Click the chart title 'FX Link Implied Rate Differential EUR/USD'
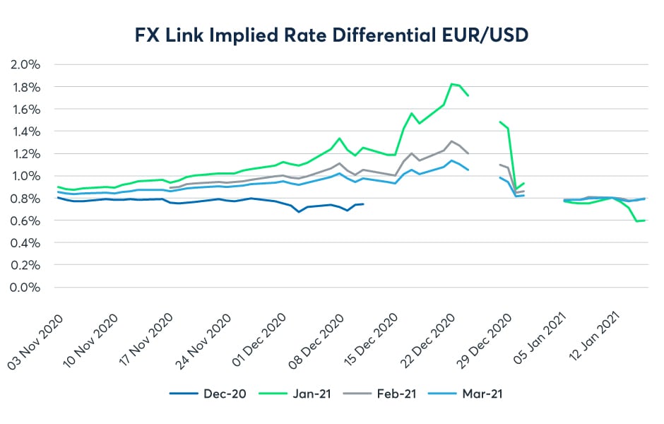(x=331, y=34)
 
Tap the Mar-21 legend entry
(x=480, y=394)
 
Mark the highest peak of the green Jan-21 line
(x=451, y=84)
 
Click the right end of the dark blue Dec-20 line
(x=363, y=204)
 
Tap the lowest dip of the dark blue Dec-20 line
(x=299, y=212)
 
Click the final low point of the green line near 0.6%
(x=637, y=221)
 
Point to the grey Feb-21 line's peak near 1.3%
(x=451, y=141)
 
